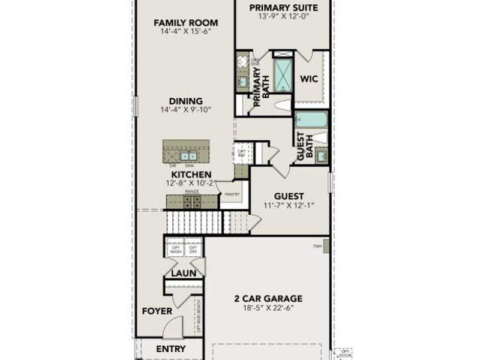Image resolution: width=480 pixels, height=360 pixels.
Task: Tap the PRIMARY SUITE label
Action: coord(283,8)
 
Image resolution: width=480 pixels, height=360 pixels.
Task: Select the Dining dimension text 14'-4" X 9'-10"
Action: coord(185,110)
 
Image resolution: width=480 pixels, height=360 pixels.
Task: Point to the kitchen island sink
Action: coord(190,155)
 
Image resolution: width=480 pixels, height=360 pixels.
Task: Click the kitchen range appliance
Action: coord(192,201)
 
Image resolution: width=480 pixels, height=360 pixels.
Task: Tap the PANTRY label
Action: coord(232,194)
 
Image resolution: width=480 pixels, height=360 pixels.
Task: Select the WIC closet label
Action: coord(308,79)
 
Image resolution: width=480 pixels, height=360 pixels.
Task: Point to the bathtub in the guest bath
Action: coord(311,119)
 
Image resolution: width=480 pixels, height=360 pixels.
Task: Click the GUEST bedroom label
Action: coord(289,196)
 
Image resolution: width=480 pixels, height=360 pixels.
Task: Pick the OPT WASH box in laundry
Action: coord(176,250)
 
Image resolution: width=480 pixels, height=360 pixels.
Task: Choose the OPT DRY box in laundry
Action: coord(193,250)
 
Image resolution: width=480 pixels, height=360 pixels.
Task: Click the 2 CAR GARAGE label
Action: coord(268,298)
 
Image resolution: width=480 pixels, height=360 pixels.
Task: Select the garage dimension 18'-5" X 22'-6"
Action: coord(268,308)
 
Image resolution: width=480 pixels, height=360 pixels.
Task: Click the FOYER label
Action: coord(157,311)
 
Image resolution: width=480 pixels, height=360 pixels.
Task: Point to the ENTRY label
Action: coord(171,349)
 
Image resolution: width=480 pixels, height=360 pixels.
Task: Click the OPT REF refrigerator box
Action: coord(241,151)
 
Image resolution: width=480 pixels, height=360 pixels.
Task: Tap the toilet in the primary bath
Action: coord(281,106)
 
